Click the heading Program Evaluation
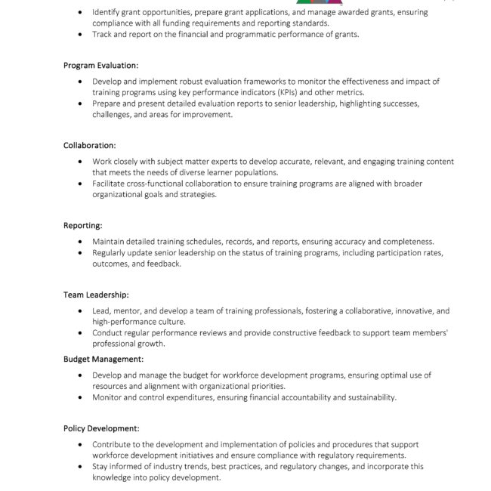click(x=100, y=66)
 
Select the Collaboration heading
click(x=89, y=145)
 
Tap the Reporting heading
click(x=82, y=225)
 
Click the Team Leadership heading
click(x=96, y=295)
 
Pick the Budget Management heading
click(x=103, y=359)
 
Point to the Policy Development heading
click(x=101, y=428)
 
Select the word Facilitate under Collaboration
click(x=111, y=184)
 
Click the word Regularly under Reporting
click(x=112, y=252)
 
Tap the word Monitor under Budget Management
click(x=109, y=397)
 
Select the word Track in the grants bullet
click(x=103, y=35)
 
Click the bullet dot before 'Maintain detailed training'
click(x=82, y=242)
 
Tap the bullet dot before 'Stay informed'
click(x=82, y=467)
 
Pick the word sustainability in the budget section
click(x=369, y=397)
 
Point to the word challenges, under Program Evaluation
click(x=112, y=115)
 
